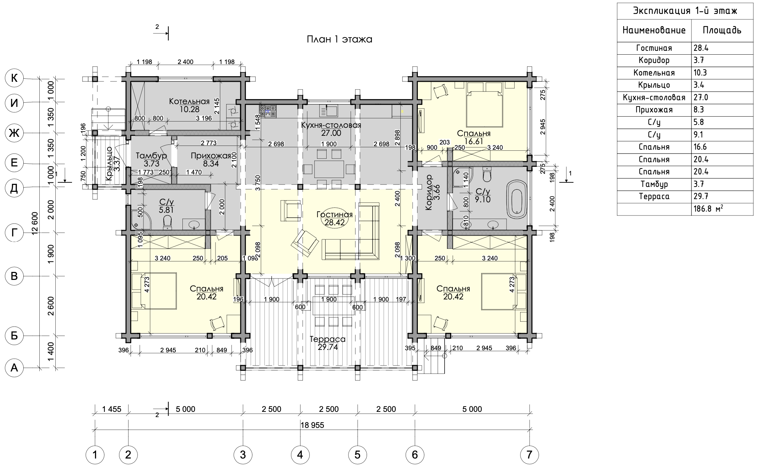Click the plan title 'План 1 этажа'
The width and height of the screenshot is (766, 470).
click(x=339, y=39)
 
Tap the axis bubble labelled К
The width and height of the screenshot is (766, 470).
click(x=14, y=78)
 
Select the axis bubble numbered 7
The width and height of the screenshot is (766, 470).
click(x=529, y=455)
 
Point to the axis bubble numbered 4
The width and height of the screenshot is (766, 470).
click(x=300, y=455)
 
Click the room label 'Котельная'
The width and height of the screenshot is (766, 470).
click(x=189, y=101)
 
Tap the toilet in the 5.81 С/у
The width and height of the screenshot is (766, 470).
click(x=167, y=222)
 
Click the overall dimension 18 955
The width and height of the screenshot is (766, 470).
click(x=312, y=425)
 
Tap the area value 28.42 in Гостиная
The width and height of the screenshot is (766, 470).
click(x=334, y=222)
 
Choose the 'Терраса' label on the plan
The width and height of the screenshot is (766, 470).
click(x=328, y=339)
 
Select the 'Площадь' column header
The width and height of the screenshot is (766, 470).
click(x=722, y=30)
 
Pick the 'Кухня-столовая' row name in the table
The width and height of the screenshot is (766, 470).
click(x=654, y=98)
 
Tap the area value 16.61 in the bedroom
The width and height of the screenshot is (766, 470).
click(x=474, y=141)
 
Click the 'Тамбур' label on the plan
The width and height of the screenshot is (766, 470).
click(x=151, y=155)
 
